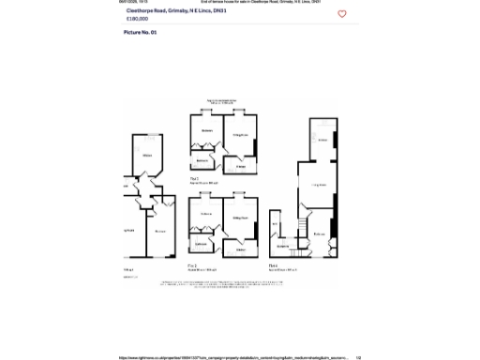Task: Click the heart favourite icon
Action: pos(342,14)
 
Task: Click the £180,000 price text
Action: pos(138,18)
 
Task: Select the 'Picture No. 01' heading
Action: pos(141,32)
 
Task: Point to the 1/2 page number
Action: pos(358,356)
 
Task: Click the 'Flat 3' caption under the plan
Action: pos(194,177)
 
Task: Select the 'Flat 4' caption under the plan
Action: pos(273,266)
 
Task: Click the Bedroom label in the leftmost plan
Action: pos(160,231)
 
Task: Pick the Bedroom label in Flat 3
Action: pos(206,129)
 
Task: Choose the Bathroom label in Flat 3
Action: pos(202,160)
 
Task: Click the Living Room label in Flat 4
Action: pos(319,185)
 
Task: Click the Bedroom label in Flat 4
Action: pos(320,233)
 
